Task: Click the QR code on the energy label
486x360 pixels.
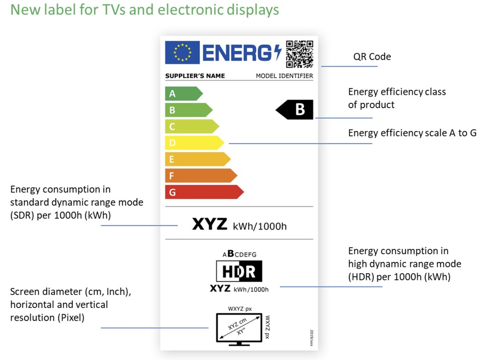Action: (299, 54)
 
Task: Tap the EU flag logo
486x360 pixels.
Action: (182, 52)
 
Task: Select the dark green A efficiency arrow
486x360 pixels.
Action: (184, 93)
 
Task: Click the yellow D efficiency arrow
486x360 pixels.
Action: (194, 143)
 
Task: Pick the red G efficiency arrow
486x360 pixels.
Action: (204, 192)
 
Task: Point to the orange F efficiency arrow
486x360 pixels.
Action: (201, 175)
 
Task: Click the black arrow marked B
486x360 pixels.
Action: (294, 110)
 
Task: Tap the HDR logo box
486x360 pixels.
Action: (239, 271)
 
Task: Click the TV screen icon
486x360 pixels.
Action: (239, 329)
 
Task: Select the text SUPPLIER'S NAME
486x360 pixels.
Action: (195, 76)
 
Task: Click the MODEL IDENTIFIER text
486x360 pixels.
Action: (284, 76)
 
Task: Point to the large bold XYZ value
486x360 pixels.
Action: (209, 224)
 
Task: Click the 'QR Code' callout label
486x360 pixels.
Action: (372, 57)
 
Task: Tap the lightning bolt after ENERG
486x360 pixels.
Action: (278, 52)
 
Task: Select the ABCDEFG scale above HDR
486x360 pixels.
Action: (239, 254)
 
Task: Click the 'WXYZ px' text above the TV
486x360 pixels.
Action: (240, 309)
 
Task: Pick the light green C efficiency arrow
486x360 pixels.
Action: (192, 126)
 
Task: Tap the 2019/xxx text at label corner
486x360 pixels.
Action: (311, 338)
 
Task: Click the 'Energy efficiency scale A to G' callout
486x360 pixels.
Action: (412, 133)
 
